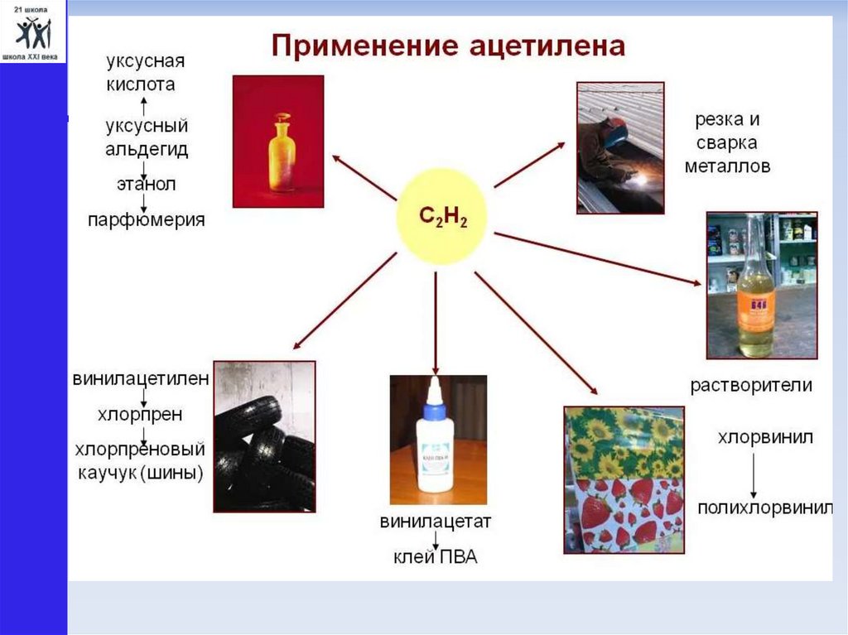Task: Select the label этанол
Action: (145, 184)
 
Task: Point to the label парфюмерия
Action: (147, 221)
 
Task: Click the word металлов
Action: (728, 166)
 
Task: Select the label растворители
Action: (752, 385)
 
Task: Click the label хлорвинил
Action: (755, 436)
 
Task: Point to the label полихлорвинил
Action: (764, 508)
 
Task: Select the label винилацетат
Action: (436, 522)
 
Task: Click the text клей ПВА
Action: (436, 557)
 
